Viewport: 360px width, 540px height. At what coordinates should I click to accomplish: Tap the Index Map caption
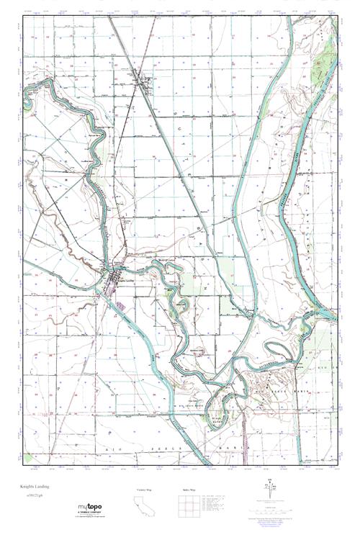point(186,490)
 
